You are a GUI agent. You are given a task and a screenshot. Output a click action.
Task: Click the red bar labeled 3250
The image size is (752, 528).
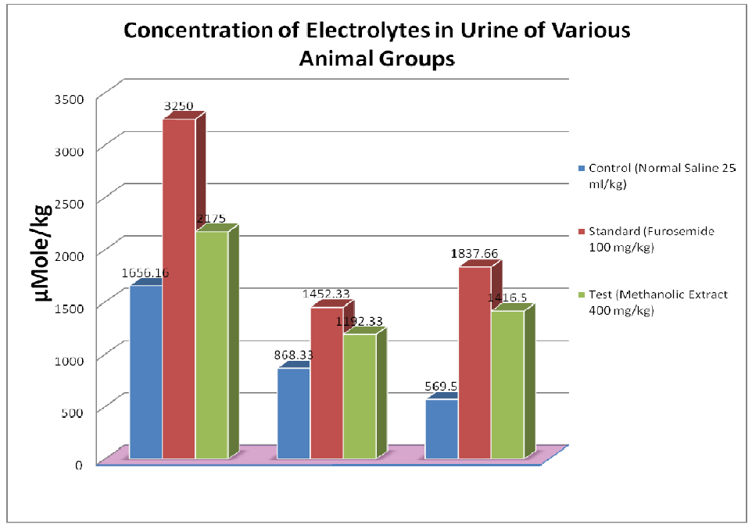pos(178,289)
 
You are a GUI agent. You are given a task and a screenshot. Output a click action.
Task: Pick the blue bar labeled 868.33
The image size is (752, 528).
pos(294,413)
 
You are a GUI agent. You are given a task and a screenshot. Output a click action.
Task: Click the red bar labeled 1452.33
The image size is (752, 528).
pos(327,383)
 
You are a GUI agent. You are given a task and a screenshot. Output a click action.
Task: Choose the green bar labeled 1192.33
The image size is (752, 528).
pos(360,396)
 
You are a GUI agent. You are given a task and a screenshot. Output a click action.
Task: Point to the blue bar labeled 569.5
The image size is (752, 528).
pos(441,429)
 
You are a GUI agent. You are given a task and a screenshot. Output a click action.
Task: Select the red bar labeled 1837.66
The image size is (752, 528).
pos(474,362)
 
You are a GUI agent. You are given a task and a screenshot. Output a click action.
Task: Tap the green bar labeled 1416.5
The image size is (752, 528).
pos(507,384)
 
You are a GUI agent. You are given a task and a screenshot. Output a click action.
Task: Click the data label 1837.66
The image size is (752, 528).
pos(474,254)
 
